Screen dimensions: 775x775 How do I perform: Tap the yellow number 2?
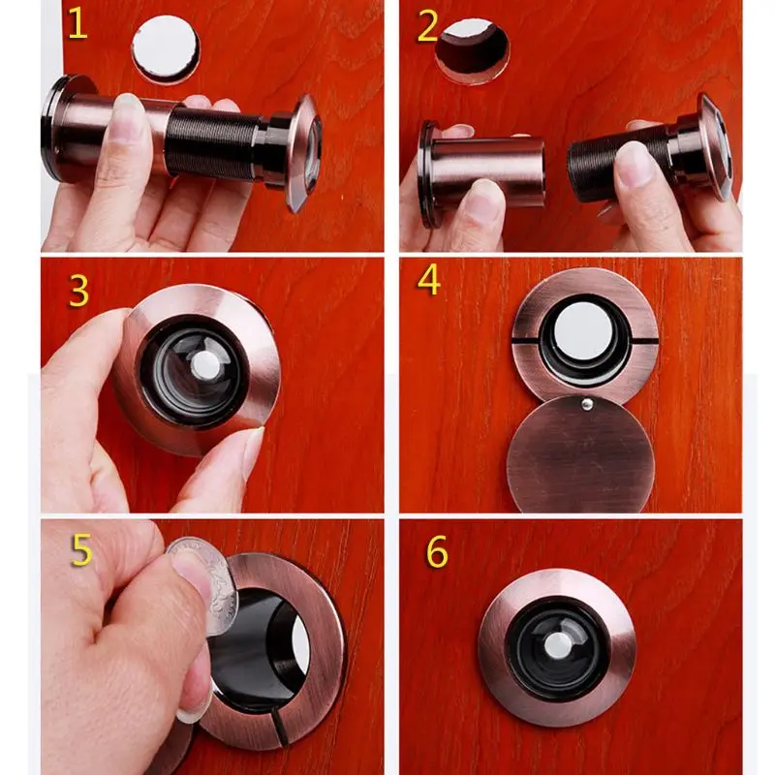(427, 28)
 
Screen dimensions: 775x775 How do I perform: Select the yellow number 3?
(78, 291)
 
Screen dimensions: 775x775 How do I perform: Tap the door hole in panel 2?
(473, 48)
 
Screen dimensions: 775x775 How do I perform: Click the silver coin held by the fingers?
(198, 581)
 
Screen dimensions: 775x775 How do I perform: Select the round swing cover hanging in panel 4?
(581, 456)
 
